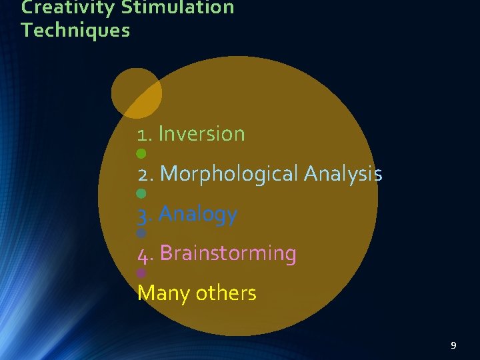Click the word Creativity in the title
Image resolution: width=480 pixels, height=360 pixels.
(x=59, y=7)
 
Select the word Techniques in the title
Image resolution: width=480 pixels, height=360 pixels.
(x=75, y=30)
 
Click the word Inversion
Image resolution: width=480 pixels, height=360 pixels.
(x=202, y=134)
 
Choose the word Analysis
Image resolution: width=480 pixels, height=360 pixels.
(x=343, y=174)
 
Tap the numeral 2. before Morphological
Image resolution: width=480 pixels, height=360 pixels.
(x=146, y=175)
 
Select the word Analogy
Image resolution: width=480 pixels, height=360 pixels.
(x=198, y=215)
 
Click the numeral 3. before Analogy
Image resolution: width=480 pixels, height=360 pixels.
(x=145, y=215)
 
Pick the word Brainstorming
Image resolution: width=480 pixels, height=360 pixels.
(x=228, y=253)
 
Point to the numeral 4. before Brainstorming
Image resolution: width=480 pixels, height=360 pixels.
(x=145, y=255)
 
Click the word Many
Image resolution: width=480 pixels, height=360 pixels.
(x=163, y=294)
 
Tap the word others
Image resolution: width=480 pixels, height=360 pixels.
(x=226, y=293)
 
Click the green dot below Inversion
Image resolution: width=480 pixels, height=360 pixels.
(x=141, y=154)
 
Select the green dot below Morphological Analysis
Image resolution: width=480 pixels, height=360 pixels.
(x=141, y=194)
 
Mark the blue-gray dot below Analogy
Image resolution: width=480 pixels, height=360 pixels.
(x=141, y=234)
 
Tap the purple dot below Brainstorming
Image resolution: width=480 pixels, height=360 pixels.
(x=141, y=273)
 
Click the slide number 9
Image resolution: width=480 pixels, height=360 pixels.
(x=453, y=345)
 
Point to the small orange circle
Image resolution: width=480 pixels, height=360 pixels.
(x=136, y=93)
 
